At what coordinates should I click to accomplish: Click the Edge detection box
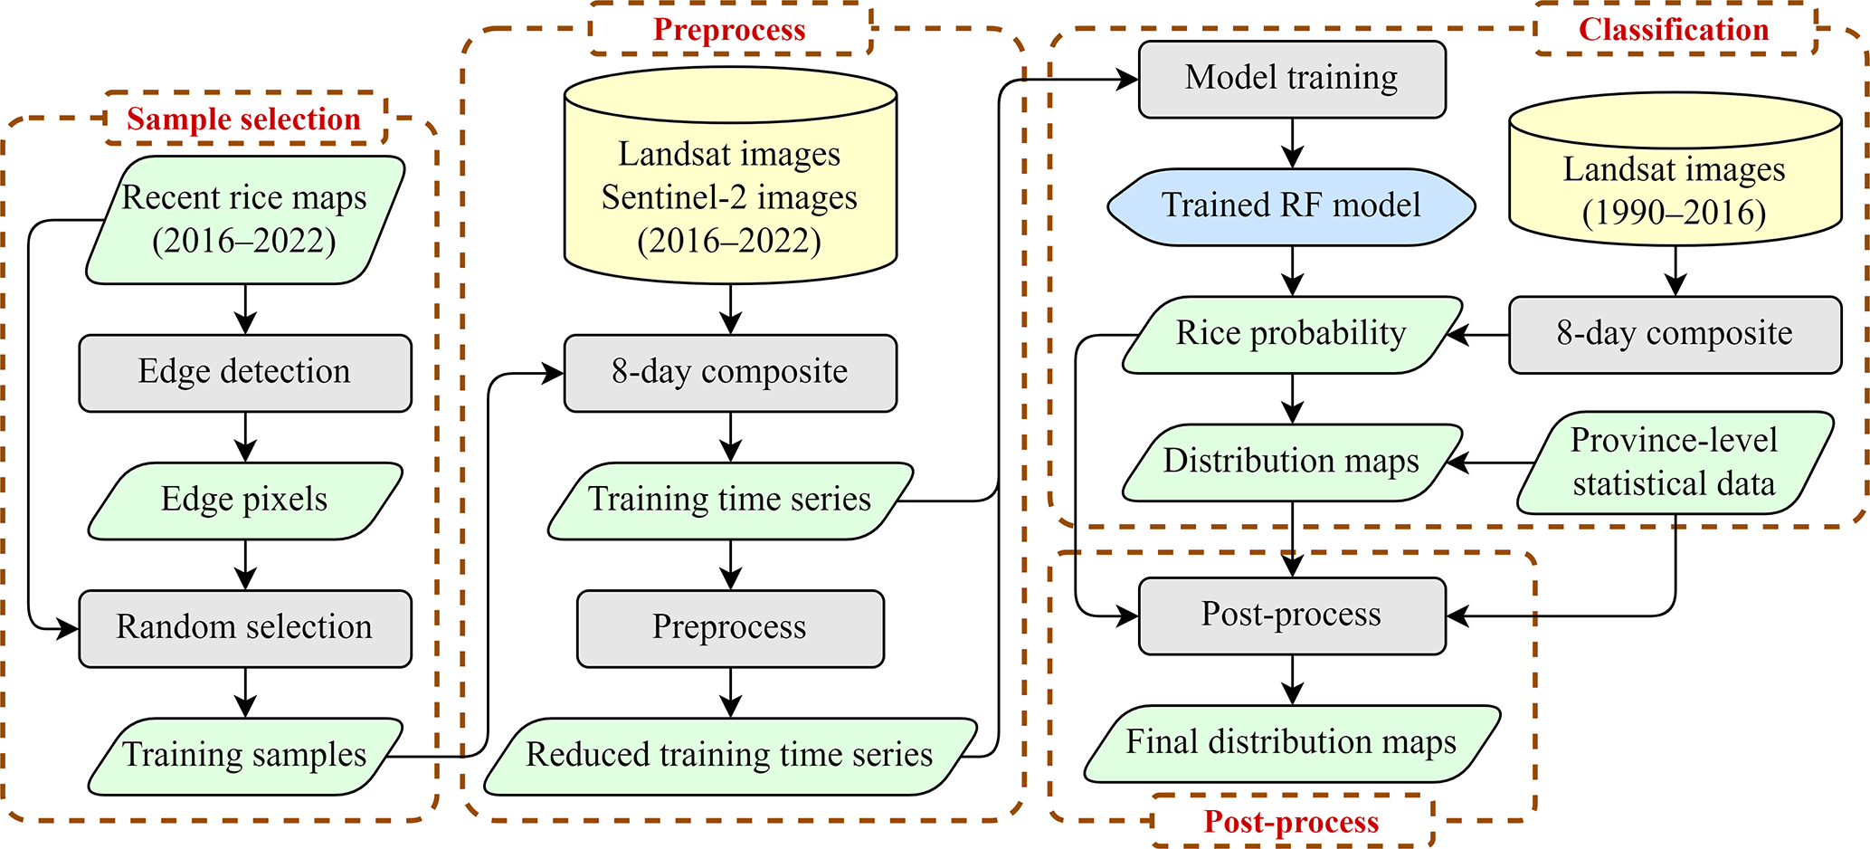pos(245,373)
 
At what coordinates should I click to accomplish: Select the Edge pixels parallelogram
pos(245,501)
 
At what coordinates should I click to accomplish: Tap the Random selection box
pos(245,628)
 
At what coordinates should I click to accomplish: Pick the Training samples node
pos(245,756)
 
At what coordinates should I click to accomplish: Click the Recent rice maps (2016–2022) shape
pos(245,220)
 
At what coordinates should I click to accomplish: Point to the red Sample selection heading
pos(244,119)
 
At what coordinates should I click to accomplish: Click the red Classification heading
pos(1674,29)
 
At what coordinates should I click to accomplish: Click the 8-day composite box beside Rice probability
pos(1675,334)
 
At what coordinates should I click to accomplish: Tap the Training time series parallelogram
pos(730,501)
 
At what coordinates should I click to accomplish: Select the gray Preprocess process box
pos(730,628)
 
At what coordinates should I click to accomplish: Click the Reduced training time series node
pos(730,756)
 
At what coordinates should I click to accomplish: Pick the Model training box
pos(1292,79)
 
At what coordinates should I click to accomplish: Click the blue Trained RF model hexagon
pos(1292,206)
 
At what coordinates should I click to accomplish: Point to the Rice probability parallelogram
pos(1292,334)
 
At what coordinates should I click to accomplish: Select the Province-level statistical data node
pos(1675,463)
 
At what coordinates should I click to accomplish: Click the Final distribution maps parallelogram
pos(1292,743)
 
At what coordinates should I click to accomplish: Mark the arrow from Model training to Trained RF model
pos(1293,143)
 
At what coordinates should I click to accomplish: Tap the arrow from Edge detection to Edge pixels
pos(245,437)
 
